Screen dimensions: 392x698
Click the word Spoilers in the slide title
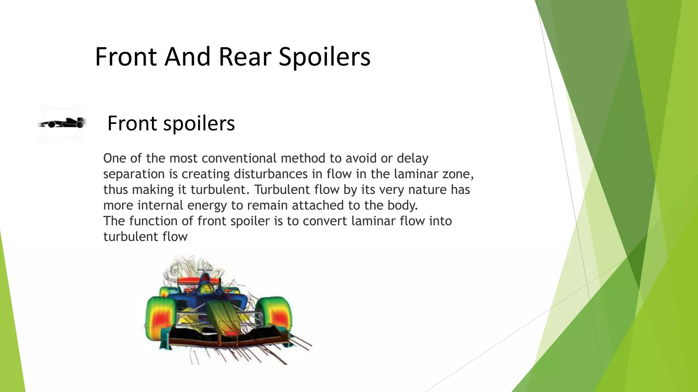point(324,57)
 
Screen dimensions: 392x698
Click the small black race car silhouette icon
point(62,123)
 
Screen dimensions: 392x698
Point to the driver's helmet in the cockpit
point(207,290)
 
